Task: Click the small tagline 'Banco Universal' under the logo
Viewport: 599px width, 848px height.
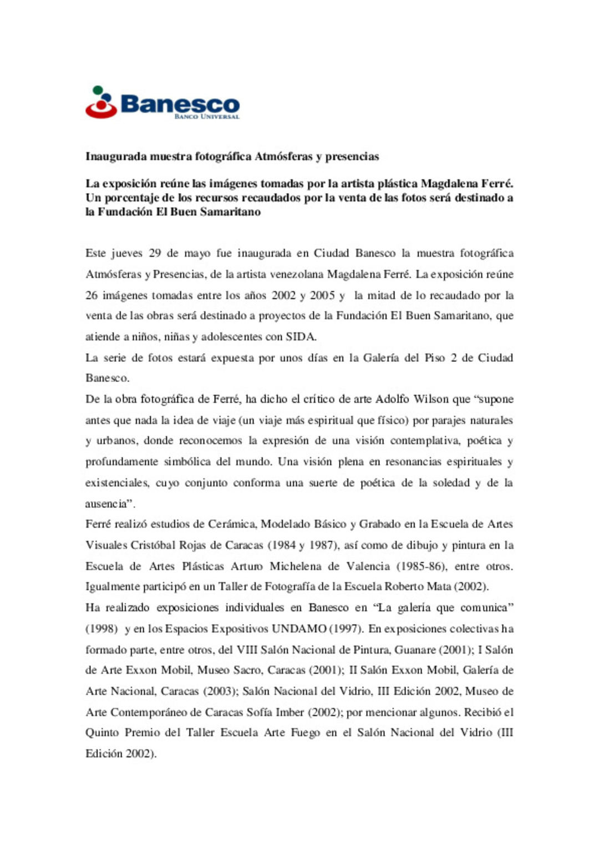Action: pyautogui.click(x=207, y=117)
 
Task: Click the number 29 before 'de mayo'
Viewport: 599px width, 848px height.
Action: pyautogui.click(x=155, y=254)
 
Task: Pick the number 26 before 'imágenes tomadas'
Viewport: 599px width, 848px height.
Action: pyautogui.click(x=92, y=295)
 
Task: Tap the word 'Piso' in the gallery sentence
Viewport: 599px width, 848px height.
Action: pyautogui.click(x=435, y=358)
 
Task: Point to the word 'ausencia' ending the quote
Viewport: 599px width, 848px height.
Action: pyautogui.click(x=106, y=504)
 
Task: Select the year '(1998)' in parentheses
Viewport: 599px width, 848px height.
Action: pyautogui.click(x=101, y=629)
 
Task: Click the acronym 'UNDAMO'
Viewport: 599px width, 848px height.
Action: pyautogui.click(x=298, y=629)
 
